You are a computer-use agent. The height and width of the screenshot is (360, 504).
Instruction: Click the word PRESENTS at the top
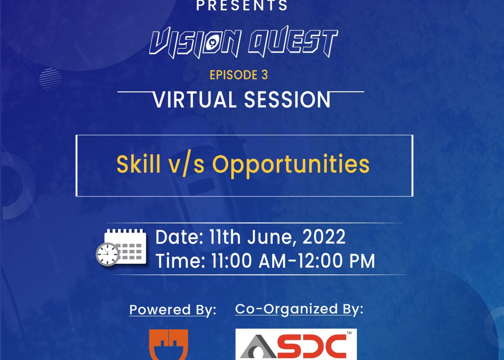(x=242, y=5)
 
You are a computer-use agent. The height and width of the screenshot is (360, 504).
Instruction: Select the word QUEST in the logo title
(x=293, y=42)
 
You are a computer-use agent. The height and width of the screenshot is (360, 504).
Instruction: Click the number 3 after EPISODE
(x=264, y=75)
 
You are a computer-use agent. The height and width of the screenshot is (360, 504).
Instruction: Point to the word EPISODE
(x=234, y=75)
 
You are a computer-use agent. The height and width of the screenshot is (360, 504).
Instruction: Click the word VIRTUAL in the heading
(x=195, y=99)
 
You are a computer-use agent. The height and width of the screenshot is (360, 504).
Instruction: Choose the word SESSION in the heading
(x=288, y=99)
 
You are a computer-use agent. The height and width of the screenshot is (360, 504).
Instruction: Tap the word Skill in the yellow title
(x=138, y=164)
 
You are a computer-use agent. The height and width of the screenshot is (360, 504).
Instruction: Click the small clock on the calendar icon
(x=108, y=254)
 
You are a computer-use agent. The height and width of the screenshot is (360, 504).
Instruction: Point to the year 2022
(x=324, y=237)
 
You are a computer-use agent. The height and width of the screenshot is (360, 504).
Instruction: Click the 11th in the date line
(x=225, y=237)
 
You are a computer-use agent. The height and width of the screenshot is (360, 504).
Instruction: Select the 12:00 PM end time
(x=336, y=261)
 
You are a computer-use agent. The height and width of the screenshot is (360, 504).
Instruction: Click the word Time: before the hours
(x=180, y=261)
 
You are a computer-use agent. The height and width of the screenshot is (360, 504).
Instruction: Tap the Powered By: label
(x=173, y=310)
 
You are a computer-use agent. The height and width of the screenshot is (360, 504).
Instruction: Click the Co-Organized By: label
(x=299, y=309)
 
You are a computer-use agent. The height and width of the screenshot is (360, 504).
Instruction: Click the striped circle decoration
(x=51, y=79)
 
